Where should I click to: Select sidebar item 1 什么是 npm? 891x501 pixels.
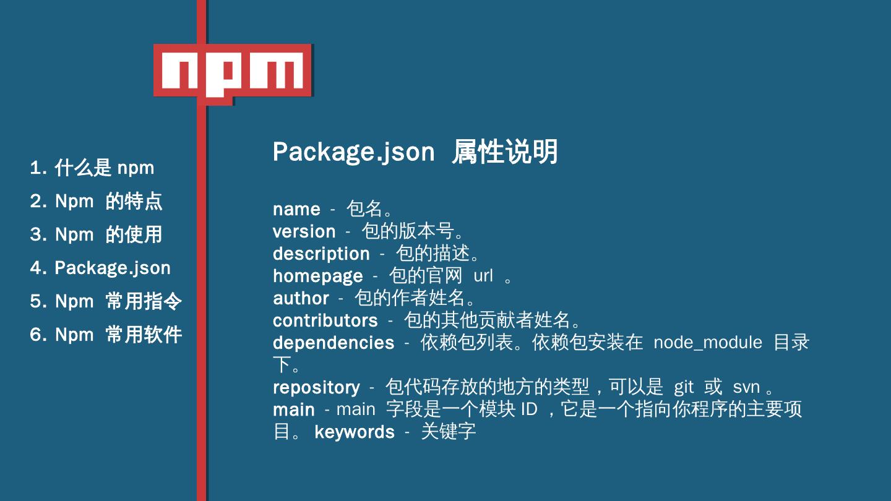(x=92, y=168)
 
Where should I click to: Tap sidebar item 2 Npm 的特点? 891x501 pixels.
(x=97, y=201)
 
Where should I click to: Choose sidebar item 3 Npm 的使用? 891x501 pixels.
(x=97, y=234)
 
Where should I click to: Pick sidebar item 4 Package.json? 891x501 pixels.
(x=100, y=268)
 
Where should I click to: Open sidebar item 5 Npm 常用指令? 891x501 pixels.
(x=106, y=301)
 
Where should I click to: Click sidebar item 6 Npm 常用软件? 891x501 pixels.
(x=106, y=335)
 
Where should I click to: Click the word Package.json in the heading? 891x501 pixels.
(x=353, y=152)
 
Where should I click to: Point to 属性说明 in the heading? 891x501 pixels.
(x=504, y=152)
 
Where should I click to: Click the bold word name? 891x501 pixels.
(x=296, y=209)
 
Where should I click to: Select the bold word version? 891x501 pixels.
(x=304, y=231)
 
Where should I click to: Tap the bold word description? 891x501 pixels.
(x=321, y=254)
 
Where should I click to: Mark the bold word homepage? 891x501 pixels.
(x=317, y=276)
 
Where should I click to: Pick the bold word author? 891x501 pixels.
(x=301, y=298)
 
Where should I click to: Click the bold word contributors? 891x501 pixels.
(x=325, y=320)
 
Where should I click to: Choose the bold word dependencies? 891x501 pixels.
(x=333, y=343)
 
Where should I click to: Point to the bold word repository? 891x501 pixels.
(x=316, y=387)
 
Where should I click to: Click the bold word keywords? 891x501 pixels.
(x=354, y=432)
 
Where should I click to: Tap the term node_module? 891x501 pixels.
(x=707, y=343)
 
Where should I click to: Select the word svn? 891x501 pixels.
(x=746, y=387)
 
